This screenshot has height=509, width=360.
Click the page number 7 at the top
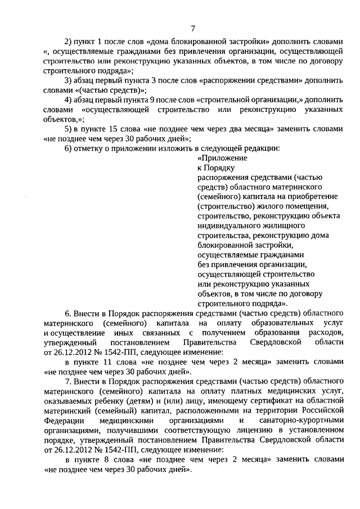pos(193,29)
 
